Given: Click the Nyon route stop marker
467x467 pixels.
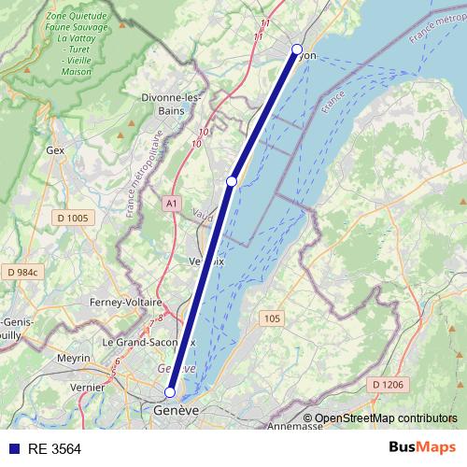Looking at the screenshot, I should click(297, 50).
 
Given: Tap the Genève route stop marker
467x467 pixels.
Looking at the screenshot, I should click(170, 392).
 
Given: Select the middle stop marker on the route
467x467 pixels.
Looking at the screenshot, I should click(232, 180).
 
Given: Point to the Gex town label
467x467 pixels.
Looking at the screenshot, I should click(53, 149).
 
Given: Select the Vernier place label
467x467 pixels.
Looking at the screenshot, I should click(87, 386).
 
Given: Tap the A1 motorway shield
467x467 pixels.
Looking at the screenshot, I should click(171, 203).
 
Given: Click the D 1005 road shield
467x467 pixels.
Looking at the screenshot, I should click(72, 219).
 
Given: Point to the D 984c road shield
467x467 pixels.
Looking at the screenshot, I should click(22, 272).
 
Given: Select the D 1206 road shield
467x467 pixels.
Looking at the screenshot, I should click(386, 384).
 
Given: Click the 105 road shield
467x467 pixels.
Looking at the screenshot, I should click(272, 318).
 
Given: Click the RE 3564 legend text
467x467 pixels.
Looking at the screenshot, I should click(54, 448).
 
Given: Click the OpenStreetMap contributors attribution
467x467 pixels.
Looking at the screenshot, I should click(385, 418).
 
